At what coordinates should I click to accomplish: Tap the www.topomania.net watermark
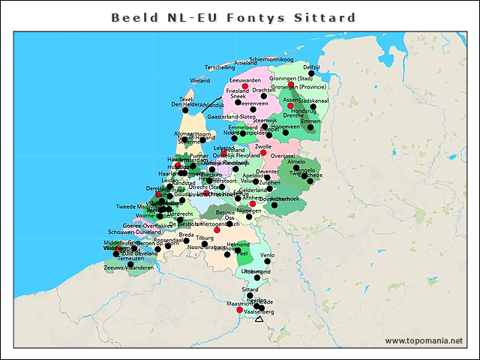(424, 340)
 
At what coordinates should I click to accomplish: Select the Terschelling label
(220, 67)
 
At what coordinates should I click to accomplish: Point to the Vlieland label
(200, 79)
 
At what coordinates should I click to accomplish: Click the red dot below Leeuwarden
(244, 85)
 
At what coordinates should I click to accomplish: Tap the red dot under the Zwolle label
(262, 153)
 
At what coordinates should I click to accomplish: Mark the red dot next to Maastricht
(239, 310)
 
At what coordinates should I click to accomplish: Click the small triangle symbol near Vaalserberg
(259, 319)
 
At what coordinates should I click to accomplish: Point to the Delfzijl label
(311, 67)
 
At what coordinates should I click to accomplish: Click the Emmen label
(310, 121)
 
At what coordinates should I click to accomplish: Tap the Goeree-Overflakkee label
(146, 225)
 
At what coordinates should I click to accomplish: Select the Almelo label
(297, 161)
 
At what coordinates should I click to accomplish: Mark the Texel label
(187, 99)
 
